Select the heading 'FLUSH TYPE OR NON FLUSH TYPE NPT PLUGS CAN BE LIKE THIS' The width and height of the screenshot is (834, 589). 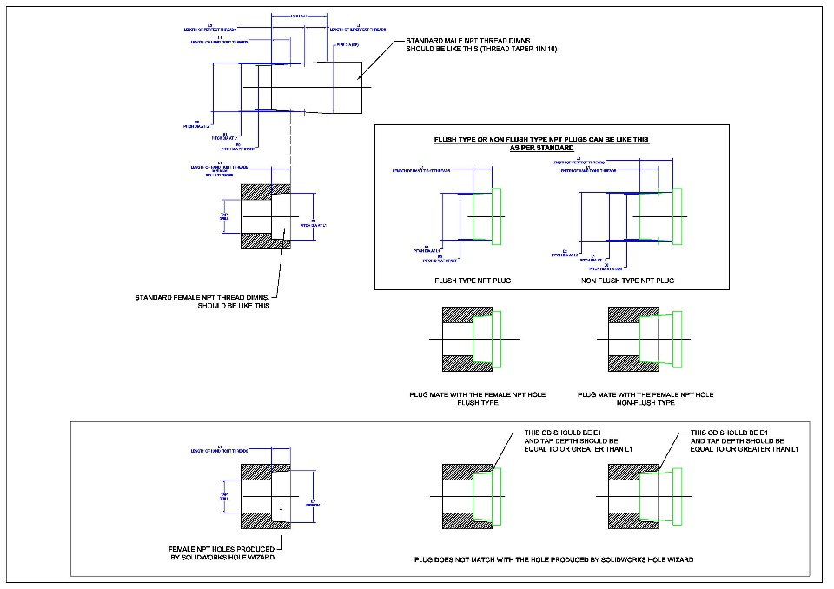[x=540, y=139]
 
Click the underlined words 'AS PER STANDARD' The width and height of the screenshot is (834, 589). [x=540, y=148]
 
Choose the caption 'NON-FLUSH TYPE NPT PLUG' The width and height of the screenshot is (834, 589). [x=627, y=281]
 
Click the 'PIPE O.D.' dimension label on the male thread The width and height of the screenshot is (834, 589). [x=346, y=44]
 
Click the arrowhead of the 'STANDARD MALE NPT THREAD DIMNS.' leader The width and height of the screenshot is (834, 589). [x=357, y=82]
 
